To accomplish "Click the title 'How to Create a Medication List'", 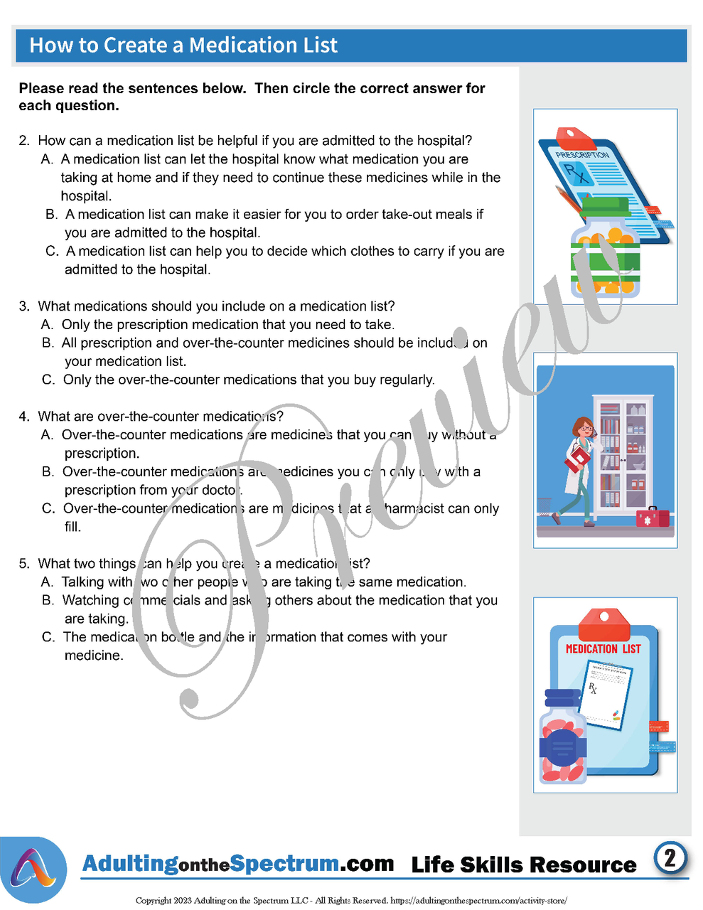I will point(183,45).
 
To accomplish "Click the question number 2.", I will point(24,141).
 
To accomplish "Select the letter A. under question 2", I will point(47,159).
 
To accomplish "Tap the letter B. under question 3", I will point(48,343).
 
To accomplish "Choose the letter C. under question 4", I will point(48,508).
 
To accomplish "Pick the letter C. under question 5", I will point(48,637).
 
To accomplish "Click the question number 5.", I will point(24,564).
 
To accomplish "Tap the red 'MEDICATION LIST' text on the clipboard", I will point(603,649).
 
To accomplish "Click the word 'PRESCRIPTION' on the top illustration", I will point(582,154).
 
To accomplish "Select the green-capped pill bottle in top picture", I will point(606,249).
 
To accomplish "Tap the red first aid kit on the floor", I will point(653,517).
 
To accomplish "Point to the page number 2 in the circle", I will point(670,858).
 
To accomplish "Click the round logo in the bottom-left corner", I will point(34,869).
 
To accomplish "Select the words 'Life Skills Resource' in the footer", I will point(524,865).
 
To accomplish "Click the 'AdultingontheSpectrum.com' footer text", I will point(238,864).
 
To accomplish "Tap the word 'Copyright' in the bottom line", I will point(153,901).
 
